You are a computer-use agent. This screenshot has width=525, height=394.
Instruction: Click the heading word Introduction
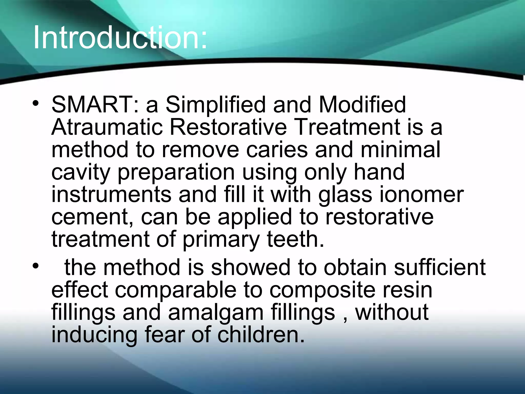120,38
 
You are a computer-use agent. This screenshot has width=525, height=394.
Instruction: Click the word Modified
362,104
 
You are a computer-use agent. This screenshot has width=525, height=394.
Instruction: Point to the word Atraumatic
107,127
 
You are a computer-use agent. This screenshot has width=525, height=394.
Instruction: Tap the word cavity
81,172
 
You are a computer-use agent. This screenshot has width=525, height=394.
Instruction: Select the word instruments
111,194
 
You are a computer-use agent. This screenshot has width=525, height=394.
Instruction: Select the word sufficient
439,267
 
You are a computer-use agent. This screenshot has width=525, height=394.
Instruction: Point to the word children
261,334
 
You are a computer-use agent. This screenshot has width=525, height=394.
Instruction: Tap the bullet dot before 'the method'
36,266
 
